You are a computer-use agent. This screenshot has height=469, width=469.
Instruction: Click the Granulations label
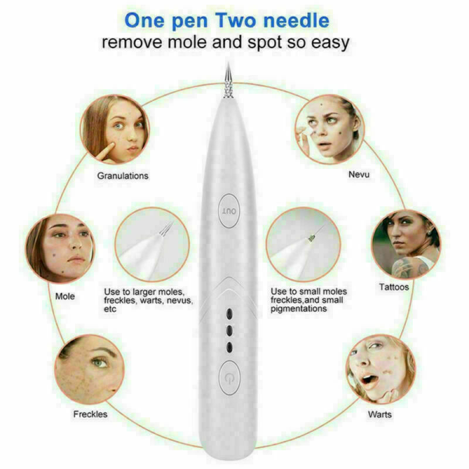(x=123, y=175)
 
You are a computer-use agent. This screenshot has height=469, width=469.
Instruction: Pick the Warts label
(x=380, y=414)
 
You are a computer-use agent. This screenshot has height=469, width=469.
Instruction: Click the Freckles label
(x=90, y=414)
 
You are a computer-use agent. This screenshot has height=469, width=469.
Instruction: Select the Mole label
(x=65, y=296)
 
